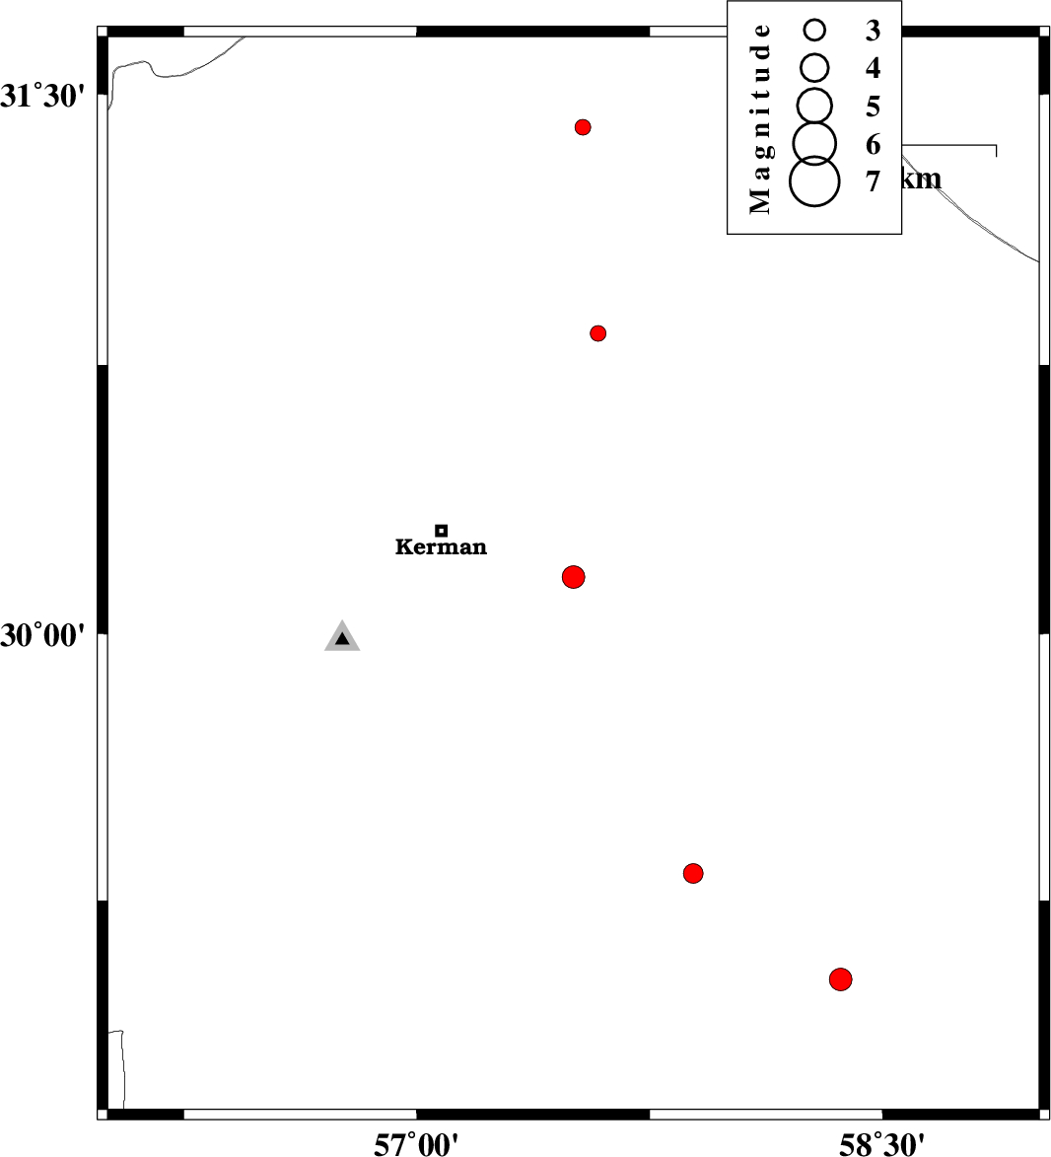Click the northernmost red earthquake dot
tap(583, 127)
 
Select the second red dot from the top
tap(597, 333)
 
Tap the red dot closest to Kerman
tap(574, 577)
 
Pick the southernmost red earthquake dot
tap(840, 979)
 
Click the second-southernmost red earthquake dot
tap(693, 873)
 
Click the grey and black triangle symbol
tap(342, 638)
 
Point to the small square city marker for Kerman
tap(442, 531)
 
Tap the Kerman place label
tap(441, 547)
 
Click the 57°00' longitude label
tap(416, 1144)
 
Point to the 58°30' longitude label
tap(882, 1144)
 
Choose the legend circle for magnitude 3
tap(814, 31)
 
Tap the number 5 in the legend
tap(873, 107)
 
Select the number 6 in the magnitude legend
tap(873, 145)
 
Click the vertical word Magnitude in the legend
tap(759, 118)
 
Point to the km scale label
tap(922, 180)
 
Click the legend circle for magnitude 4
tap(814, 67)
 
